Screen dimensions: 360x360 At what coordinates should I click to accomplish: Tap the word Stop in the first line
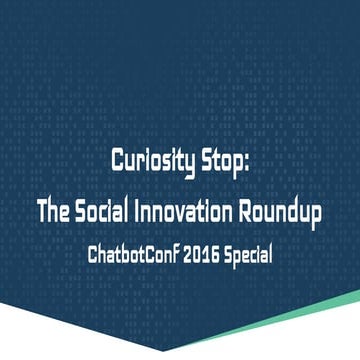225,162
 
